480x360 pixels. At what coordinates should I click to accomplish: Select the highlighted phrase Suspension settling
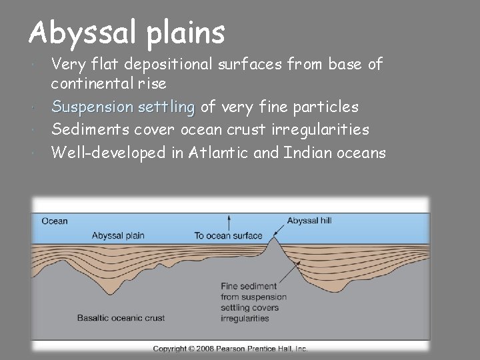point(123,107)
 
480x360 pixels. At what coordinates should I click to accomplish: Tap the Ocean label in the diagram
point(54,221)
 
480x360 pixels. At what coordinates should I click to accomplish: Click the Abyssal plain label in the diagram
point(118,235)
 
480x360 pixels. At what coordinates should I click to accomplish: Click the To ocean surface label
point(228,235)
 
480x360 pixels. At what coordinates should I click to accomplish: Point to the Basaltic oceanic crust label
point(121,318)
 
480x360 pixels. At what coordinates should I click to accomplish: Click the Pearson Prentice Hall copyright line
point(230,349)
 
